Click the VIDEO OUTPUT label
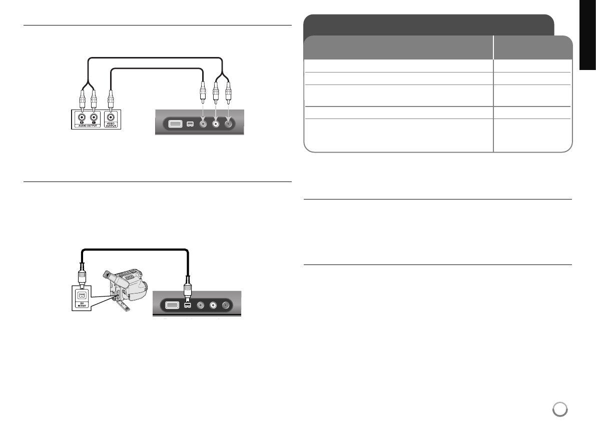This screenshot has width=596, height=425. pyautogui.click(x=111, y=124)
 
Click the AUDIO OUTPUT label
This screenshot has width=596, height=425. pyautogui.click(x=87, y=125)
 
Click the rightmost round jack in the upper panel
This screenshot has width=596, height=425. pyautogui.click(x=229, y=123)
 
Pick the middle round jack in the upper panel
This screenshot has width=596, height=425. pyautogui.click(x=216, y=123)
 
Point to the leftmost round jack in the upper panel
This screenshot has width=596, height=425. pyautogui.click(x=203, y=123)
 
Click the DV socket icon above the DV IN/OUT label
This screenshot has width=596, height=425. pyautogui.click(x=81, y=295)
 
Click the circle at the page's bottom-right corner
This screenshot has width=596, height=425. pyautogui.click(x=559, y=409)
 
